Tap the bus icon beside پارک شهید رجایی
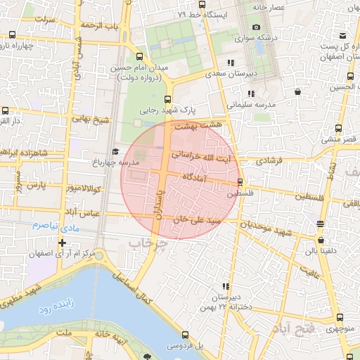[167, 99]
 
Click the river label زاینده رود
[53, 308]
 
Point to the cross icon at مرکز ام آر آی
[63, 243]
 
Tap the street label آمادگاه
[198, 178]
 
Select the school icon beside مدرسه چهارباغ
[115, 151]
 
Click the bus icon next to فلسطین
[240, 181]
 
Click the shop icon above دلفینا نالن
[321, 224]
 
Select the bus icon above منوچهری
[340, 318]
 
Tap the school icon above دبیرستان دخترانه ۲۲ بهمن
[226, 287]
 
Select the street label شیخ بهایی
[92, 119]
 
